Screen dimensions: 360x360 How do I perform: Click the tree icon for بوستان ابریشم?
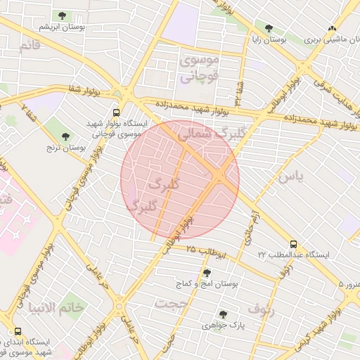[62, 15]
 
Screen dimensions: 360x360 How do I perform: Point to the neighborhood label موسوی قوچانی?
[200, 69]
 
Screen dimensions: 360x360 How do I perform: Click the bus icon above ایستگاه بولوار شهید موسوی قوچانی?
[117, 112]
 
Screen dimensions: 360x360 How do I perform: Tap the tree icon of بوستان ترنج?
[66, 136]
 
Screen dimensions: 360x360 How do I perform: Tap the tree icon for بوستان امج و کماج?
[206, 272]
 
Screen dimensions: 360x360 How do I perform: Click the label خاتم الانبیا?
[56, 307]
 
